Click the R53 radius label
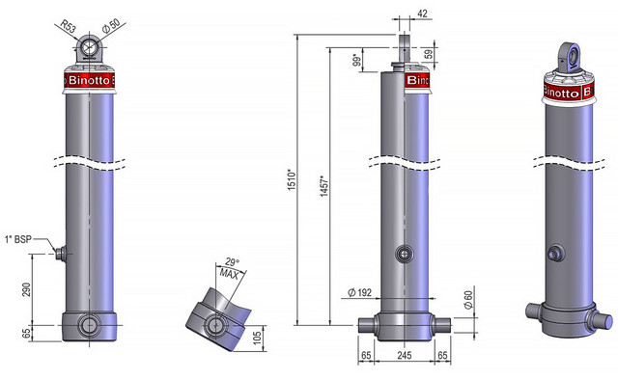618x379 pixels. pos(68,27)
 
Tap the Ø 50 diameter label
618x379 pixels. pos(111,25)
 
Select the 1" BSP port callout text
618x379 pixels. pos(17,239)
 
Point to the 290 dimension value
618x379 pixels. pos(26,289)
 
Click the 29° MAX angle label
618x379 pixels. pos(230,268)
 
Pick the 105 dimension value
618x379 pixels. pos(257,338)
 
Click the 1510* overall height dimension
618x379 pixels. pos(292,180)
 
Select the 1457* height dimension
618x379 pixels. pos(324,186)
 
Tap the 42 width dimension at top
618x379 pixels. pos(422,14)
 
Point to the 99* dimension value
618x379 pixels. pos(357,60)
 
